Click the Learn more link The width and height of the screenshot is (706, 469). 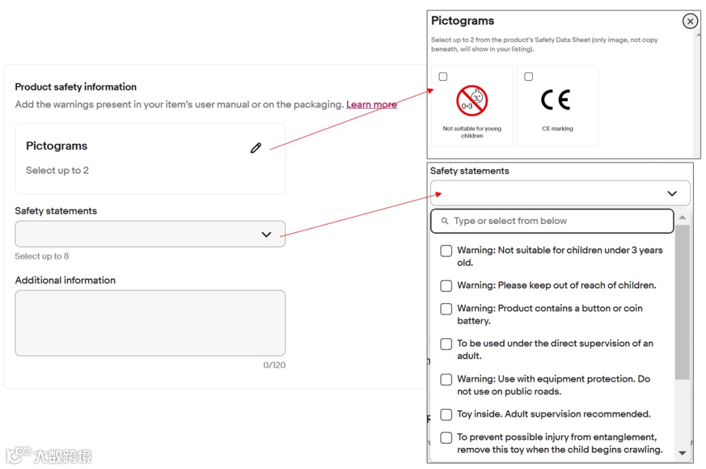click(x=371, y=105)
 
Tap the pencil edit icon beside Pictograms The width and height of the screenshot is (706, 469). click(x=256, y=148)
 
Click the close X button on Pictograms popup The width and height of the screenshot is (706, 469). click(x=690, y=21)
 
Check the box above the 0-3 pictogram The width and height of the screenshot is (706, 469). click(x=443, y=76)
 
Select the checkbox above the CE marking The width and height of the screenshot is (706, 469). click(x=529, y=76)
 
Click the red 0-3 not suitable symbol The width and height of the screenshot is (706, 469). click(x=472, y=101)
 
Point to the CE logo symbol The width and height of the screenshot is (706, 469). click(x=556, y=99)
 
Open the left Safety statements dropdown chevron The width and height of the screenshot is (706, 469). click(x=267, y=234)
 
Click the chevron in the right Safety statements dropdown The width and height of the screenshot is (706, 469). click(x=672, y=193)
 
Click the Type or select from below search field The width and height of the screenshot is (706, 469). click(x=552, y=221)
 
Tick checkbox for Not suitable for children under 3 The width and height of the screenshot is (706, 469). click(x=446, y=251)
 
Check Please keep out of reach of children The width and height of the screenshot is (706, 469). click(x=446, y=286)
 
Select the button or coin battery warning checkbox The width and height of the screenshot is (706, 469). click(x=446, y=309)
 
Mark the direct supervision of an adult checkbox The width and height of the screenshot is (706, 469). click(x=446, y=344)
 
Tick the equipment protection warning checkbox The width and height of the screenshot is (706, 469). click(x=446, y=380)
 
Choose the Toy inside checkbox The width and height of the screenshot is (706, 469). click(x=446, y=415)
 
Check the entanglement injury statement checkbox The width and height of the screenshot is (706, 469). click(x=446, y=438)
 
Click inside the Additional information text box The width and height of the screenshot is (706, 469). click(x=150, y=323)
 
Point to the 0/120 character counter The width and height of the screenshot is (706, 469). click(x=274, y=365)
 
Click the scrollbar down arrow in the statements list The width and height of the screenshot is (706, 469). click(x=682, y=453)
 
